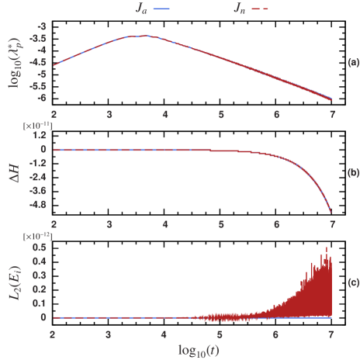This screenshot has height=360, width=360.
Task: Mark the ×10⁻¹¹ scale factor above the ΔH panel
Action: pos(37,124)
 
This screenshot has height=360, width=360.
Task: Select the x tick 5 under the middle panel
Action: pos(220,224)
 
